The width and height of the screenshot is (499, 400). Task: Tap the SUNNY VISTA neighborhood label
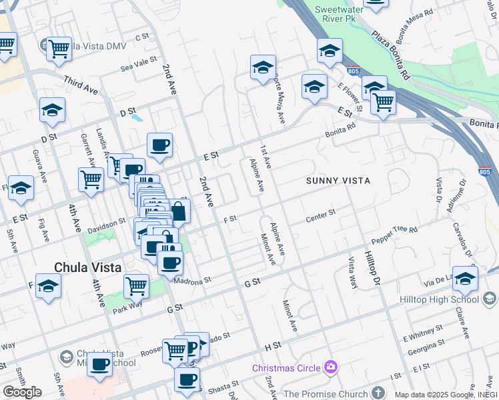338,181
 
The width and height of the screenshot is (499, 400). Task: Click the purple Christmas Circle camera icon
330,367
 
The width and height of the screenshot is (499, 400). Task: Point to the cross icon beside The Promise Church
378,393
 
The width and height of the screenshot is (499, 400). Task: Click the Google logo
22,392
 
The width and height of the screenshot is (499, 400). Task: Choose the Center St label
320,217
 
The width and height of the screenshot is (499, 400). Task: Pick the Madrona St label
192,281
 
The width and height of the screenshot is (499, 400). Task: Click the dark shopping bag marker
179,213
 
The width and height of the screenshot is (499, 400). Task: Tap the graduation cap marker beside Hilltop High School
464,279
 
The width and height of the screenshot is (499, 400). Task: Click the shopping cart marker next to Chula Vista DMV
59,49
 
